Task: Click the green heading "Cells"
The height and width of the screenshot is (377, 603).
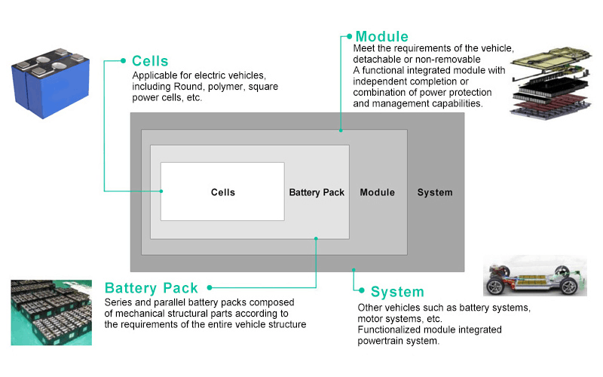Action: coord(150,60)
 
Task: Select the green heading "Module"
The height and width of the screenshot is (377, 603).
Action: coord(381,36)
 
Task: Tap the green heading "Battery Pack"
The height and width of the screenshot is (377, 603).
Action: coord(152,288)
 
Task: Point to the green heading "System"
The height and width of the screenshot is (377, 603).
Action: coord(397,292)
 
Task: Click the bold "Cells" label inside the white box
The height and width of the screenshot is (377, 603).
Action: coord(222,192)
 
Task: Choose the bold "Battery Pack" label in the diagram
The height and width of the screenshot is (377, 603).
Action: coord(317,192)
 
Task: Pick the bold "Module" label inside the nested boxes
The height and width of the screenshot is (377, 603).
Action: coord(377,192)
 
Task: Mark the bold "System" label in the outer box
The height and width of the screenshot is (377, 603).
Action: coord(435,192)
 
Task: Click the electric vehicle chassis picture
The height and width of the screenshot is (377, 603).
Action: coord(534,275)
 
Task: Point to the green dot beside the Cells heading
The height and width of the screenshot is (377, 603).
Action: coord(123,60)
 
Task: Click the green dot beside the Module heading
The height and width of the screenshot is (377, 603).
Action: coord(348,35)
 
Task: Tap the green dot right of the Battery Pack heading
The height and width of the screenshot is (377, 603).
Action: coord(209,287)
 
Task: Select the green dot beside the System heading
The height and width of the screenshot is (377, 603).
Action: coord(363,291)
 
